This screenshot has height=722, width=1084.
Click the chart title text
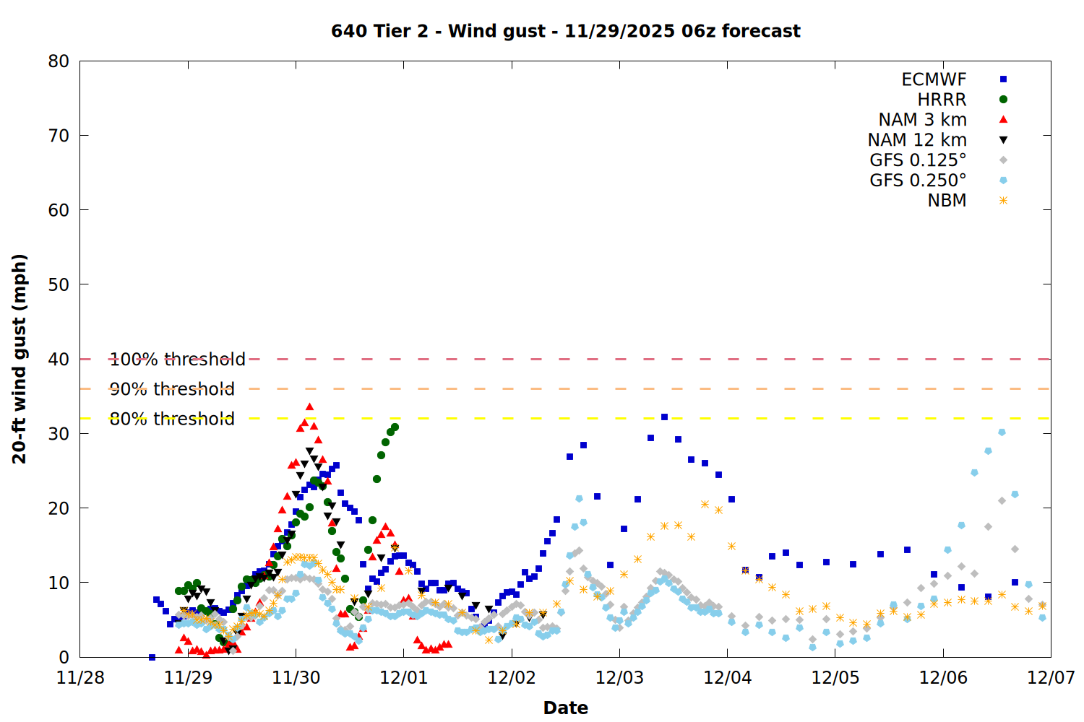click(565, 31)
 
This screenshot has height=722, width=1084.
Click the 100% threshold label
click(177, 360)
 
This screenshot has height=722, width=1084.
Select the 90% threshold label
click(172, 389)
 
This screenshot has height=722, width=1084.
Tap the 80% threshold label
click(172, 419)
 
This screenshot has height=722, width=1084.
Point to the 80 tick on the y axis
click(59, 61)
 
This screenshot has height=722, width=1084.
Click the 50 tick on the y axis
click(59, 284)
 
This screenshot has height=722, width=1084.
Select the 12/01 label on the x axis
click(403, 678)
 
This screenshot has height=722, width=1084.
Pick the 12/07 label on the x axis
click(1051, 678)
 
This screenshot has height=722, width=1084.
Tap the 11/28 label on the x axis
click(80, 678)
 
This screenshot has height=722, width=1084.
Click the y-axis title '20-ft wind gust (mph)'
click(20, 359)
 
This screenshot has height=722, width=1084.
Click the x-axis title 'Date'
click(565, 708)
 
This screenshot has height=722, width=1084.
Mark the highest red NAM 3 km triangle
click(309, 407)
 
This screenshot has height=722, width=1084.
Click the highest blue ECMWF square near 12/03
click(664, 417)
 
